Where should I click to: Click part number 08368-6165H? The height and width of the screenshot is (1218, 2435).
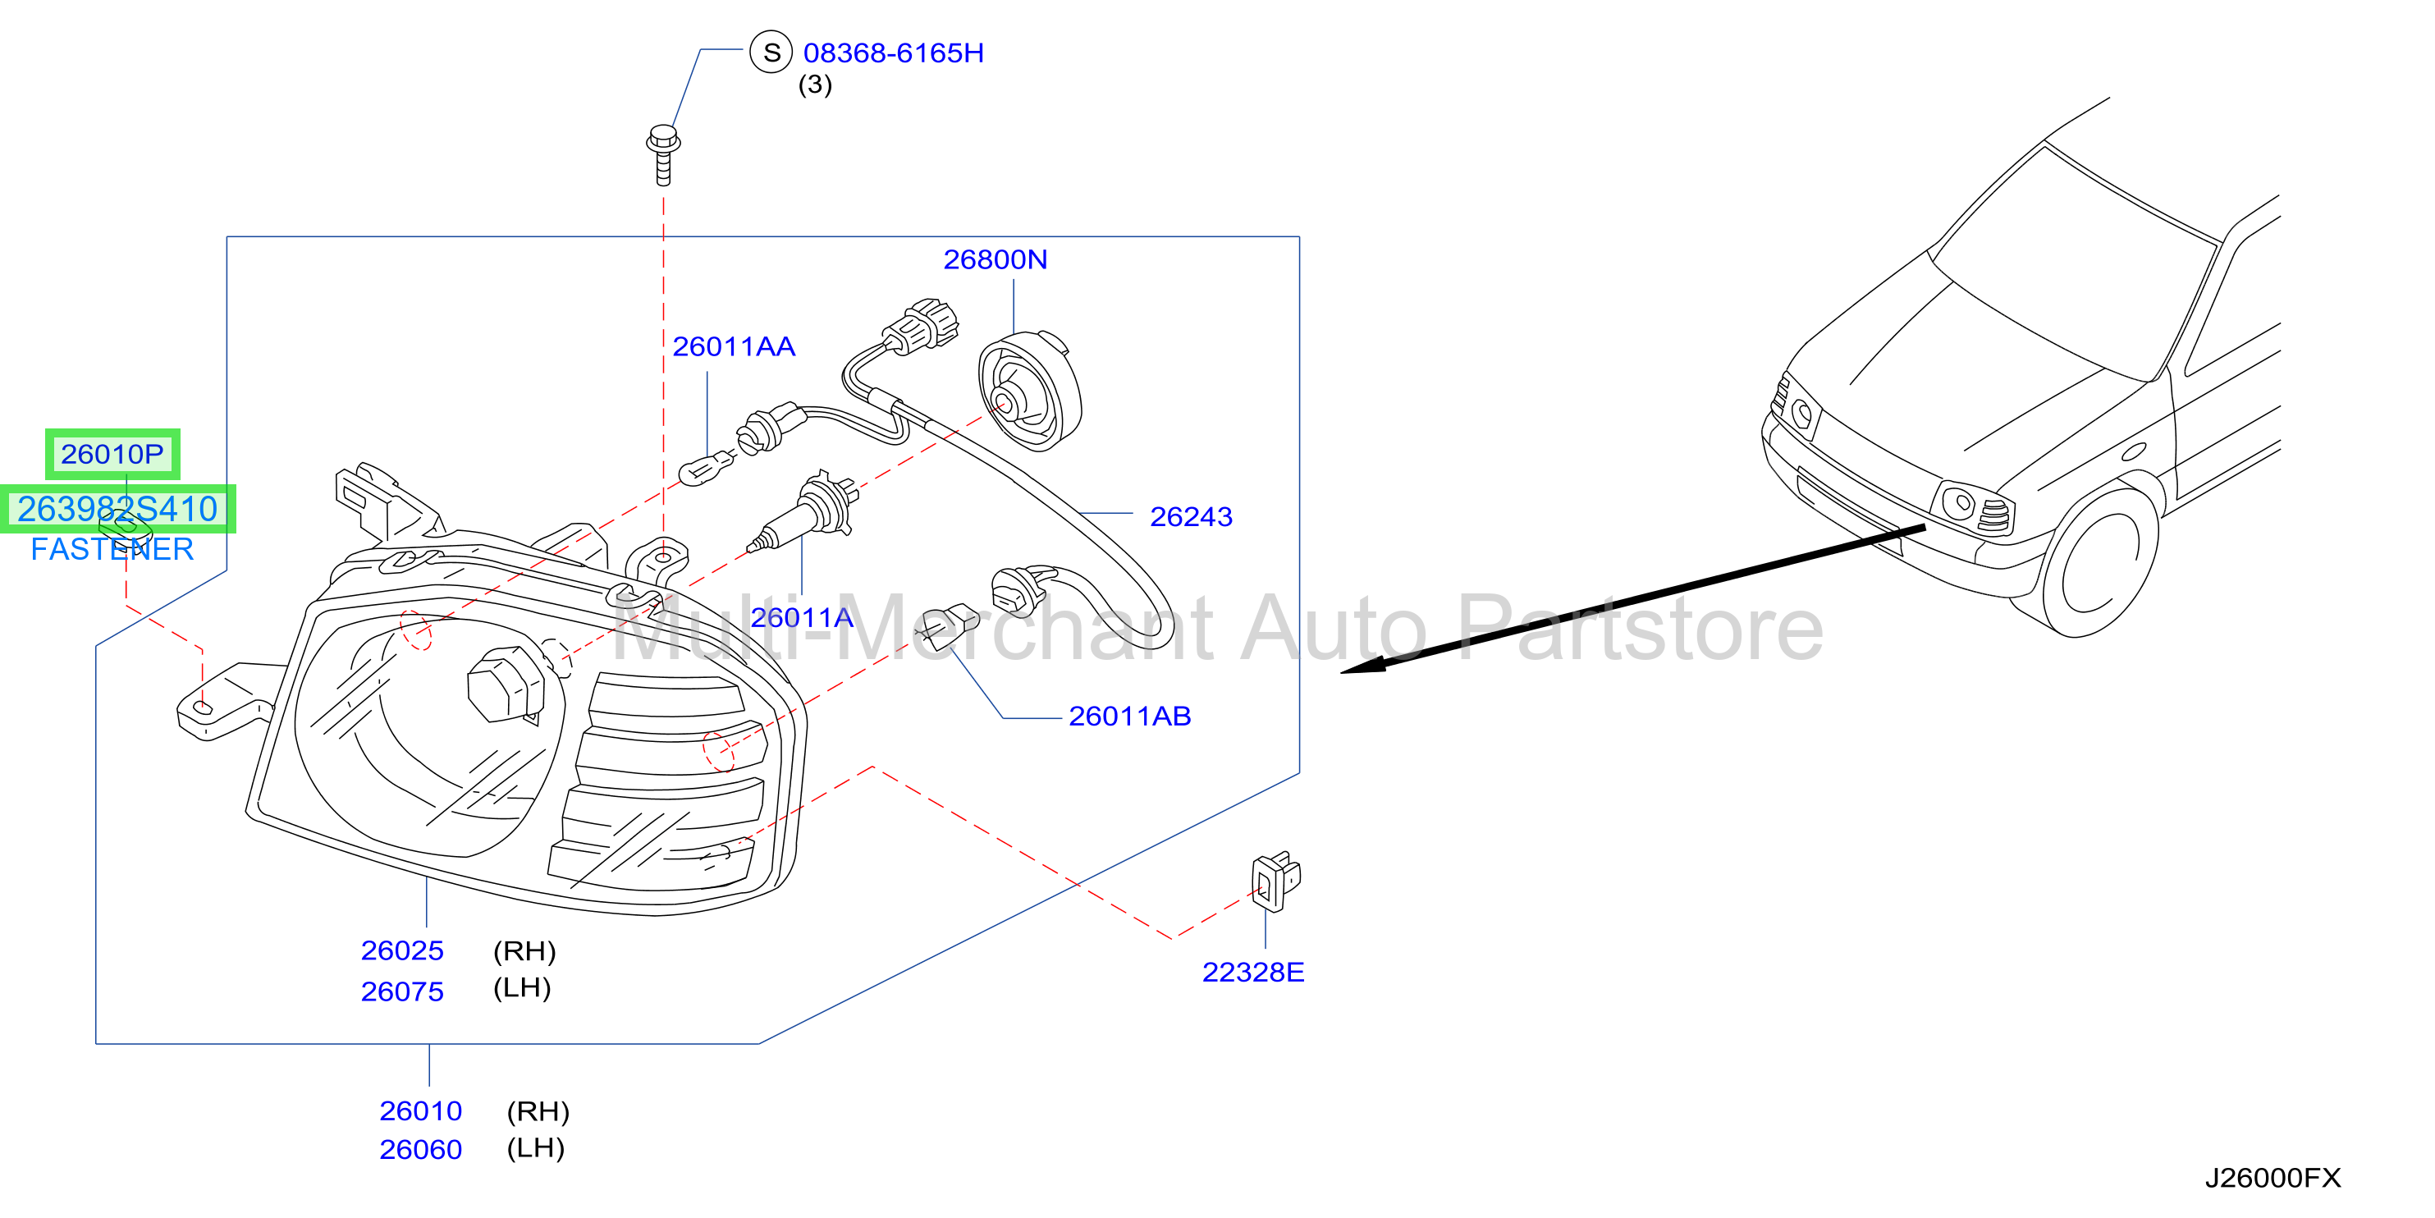click(x=893, y=53)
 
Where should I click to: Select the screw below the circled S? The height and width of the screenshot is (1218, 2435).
click(x=664, y=155)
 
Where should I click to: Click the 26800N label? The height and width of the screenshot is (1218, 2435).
click(x=996, y=259)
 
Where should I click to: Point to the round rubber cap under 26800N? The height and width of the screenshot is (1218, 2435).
click(x=1029, y=391)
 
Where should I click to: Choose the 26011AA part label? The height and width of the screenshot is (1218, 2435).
click(x=734, y=347)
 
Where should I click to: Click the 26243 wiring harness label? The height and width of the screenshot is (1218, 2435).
click(x=1191, y=516)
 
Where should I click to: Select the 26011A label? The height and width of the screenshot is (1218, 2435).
click(x=802, y=617)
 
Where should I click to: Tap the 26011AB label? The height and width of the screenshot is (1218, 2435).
click(x=1129, y=716)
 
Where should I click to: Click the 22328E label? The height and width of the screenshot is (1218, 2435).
click(x=1252, y=972)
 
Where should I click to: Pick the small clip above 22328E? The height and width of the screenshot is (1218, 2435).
click(x=1275, y=881)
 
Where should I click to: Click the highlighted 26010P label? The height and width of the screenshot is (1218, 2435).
click(x=112, y=454)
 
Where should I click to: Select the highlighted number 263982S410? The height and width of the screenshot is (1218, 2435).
click(x=117, y=509)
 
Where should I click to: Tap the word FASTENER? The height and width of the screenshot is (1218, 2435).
click(x=112, y=549)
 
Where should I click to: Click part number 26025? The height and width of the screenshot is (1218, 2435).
click(x=402, y=950)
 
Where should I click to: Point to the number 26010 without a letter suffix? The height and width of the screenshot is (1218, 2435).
click(x=421, y=1111)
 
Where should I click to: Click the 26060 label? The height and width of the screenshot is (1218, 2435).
click(x=421, y=1150)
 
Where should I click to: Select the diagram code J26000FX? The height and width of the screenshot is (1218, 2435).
click(x=2273, y=1179)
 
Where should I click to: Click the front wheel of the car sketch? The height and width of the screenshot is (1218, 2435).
click(x=2100, y=564)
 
